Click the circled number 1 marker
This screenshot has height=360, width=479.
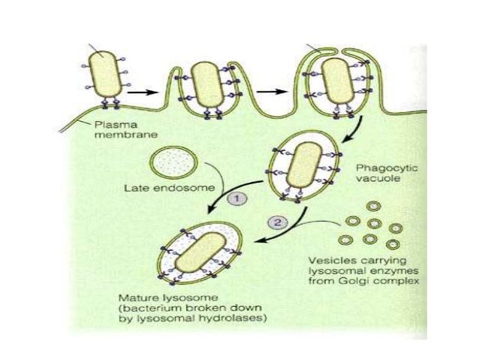pyautogui.click(x=235, y=198)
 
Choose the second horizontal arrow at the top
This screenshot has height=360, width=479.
pyautogui.click(x=276, y=91)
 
